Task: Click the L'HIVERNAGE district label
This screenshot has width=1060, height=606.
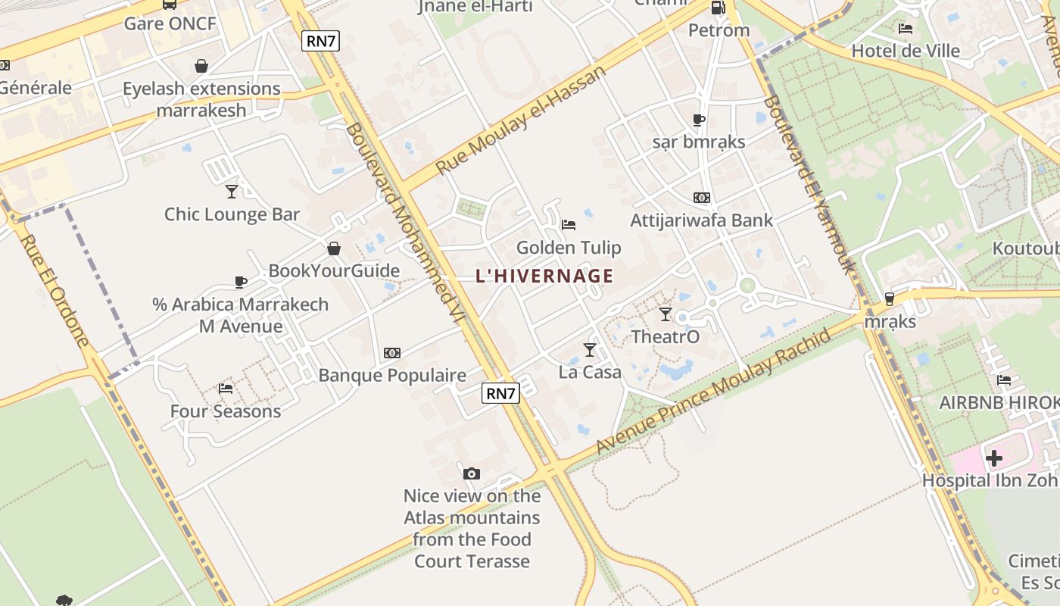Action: [544, 276]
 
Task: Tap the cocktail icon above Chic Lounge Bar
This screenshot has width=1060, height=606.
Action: [232, 192]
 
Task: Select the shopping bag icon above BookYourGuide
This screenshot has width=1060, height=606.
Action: [333, 248]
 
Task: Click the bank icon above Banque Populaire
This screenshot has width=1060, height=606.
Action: [391, 353]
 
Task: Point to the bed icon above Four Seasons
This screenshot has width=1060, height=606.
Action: [226, 389]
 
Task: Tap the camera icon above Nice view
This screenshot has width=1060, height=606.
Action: [472, 473]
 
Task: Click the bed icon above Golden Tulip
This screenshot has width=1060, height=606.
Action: [569, 224]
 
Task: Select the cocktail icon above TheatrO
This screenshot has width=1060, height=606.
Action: [666, 314]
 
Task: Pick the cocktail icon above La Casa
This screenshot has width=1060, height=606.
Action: [590, 349]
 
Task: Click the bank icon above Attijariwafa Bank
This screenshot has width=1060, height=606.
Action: [702, 198]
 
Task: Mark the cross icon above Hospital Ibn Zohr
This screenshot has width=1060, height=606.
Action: [994, 458]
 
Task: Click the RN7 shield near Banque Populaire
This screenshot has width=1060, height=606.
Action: [500, 393]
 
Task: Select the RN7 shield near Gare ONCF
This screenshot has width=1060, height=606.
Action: [320, 41]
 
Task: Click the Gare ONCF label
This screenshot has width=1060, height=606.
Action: [170, 23]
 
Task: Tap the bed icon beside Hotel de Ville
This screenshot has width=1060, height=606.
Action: [906, 29]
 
